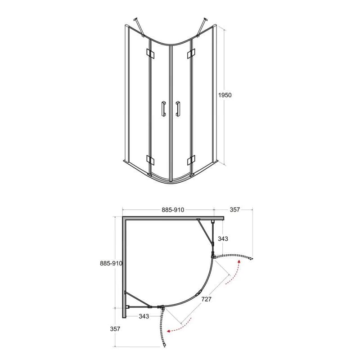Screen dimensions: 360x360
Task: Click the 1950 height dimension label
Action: pos(225,95)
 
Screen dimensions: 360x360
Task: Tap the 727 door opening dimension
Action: pos(206,299)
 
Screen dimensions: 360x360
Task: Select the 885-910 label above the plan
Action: pos(173,210)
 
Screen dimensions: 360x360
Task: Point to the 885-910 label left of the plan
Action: pos(111,263)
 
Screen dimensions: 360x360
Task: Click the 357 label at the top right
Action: pos(234,210)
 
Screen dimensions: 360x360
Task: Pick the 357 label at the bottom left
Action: pos(115,329)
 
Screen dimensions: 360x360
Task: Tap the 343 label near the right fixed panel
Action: pos(223,239)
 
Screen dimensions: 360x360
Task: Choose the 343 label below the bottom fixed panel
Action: pos(144,316)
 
